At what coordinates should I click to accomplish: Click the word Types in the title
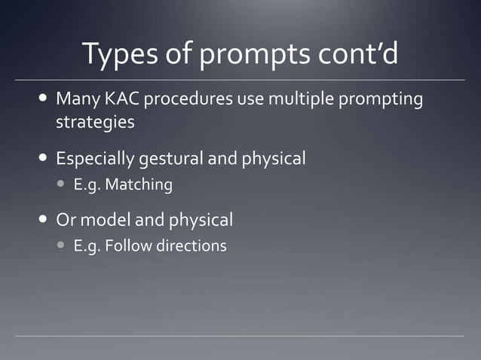pos(117,53)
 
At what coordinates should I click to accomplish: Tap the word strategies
pos(95,122)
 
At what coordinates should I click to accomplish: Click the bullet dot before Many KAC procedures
pos(41,99)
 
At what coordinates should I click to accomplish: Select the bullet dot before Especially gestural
pos(41,159)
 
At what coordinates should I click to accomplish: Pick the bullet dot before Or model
pos(41,220)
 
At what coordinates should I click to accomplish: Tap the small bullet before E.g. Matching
pos(60,185)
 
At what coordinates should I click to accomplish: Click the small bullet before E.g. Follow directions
pos(60,246)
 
